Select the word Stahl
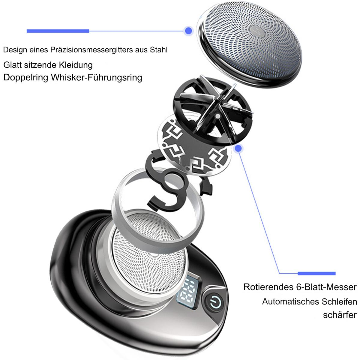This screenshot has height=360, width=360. [158, 50]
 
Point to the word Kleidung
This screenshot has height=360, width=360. [76, 65]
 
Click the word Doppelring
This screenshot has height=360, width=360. [26, 77]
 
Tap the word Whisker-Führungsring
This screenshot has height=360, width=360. [97, 77]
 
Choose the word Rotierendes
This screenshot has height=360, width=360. [268, 287]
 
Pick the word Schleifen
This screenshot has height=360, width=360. [339, 301]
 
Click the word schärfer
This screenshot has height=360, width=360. [340, 315]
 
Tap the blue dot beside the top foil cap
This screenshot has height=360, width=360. [188, 31]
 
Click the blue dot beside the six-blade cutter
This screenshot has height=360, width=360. [238, 148]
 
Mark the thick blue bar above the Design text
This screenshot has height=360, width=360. [58, 31]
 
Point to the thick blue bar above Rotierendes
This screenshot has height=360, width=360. [316, 274]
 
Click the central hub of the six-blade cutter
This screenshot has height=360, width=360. [217, 116]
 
